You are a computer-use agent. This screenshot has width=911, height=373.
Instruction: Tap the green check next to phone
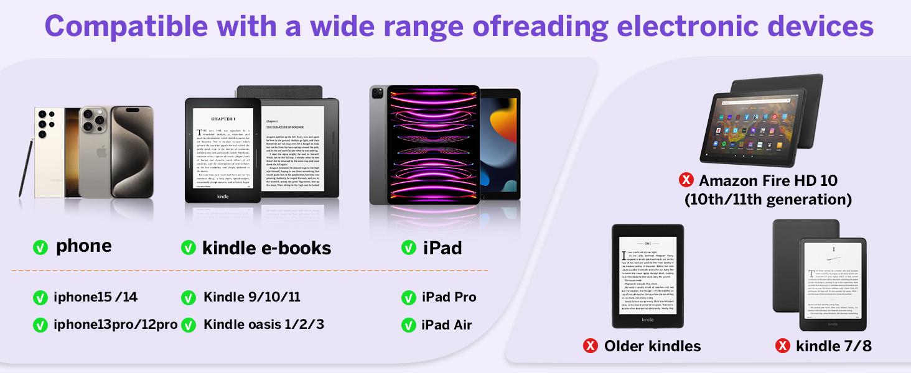point(40,247)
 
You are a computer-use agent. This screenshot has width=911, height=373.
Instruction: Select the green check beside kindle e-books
point(189,248)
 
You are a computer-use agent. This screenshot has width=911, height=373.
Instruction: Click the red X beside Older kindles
point(591,346)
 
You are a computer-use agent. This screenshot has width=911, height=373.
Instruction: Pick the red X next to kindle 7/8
point(783,346)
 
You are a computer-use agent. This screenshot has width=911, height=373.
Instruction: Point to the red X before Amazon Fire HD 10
point(686,180)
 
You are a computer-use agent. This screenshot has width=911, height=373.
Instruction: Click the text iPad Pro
point(449,297)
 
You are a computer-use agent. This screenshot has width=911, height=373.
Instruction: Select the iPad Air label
point(446,325)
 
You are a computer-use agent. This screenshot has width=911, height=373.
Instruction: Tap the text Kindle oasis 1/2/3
point(263,325)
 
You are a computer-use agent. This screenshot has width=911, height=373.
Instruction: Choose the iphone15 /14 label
point(95,297)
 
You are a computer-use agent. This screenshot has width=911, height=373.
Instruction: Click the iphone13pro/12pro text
point(115,325)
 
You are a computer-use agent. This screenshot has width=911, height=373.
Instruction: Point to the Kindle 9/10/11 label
point(251,297)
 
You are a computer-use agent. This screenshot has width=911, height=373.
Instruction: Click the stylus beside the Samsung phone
point(27,168)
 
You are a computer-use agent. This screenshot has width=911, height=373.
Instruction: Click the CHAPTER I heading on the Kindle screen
point(223,118)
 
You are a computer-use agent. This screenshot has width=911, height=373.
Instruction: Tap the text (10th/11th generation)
point(768,200)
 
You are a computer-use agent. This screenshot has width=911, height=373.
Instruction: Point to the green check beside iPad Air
point(409,325)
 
